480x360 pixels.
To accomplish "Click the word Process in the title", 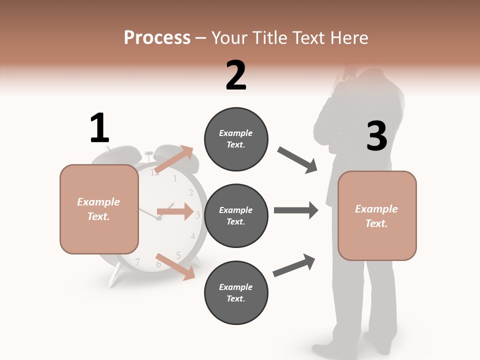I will (x=157, y=37).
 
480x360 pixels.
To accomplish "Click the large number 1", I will (x=99, y=128).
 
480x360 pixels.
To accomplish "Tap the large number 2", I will (x=236, y=75).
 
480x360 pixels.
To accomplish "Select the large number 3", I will (x=376, y=136).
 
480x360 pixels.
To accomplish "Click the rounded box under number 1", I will (x=99, y=209).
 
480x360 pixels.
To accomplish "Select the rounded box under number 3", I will (x=377, y=215).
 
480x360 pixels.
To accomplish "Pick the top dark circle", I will (x=236, y=138).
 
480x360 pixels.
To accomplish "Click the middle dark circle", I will (x=236, y=215).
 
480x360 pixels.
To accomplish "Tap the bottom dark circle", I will (x=236, y=292).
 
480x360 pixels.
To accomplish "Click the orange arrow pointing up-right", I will (x=173, y=159).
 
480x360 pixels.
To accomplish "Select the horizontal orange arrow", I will (x=175, y=211).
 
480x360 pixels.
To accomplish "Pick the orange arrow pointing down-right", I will (x=175, y=266).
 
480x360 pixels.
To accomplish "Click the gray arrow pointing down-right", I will (x=297, y=160).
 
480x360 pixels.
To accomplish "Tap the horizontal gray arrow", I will (x=296, y=210).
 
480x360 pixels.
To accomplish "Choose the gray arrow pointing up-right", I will (x=294, y=265).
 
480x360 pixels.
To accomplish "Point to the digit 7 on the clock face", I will (x=137, y=261).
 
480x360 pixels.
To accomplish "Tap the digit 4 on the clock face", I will (x=193, y=236).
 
